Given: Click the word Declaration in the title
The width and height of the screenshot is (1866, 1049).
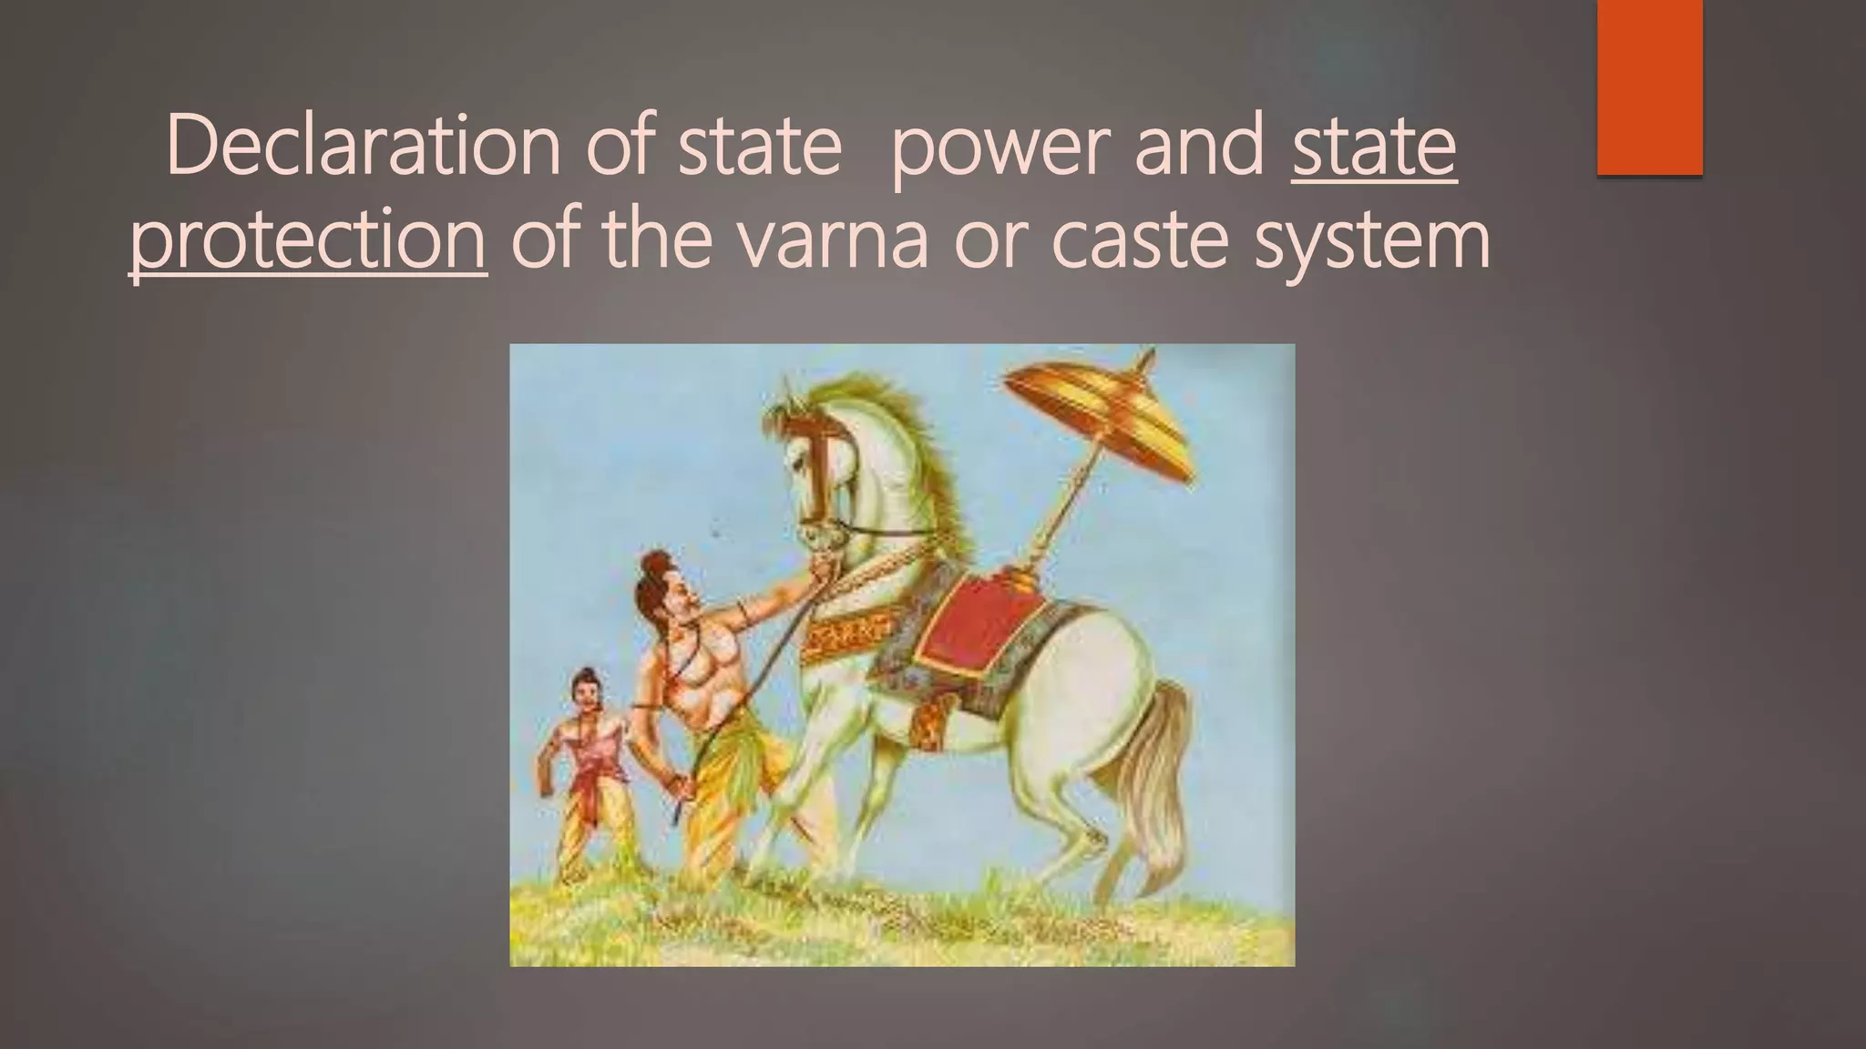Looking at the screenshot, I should click(363, 148).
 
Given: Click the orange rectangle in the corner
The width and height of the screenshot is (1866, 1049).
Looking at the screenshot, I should click(1649, 87).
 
